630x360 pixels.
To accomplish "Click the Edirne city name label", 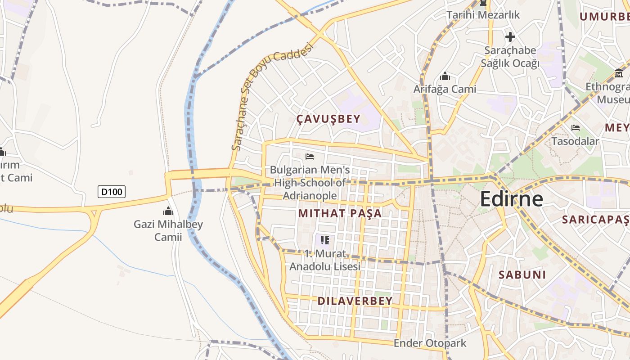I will pyautogui.click(x=512, y=198).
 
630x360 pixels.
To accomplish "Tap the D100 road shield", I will pyautogui.click(x=112, y=192).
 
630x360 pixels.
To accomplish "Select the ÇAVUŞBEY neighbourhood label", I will pyautogui.click(x=328, y=119).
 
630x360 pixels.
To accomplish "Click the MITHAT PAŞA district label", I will pyautogui.click(x=340, y=213).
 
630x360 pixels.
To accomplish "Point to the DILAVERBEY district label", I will pyautogui.click(x=355, y=301).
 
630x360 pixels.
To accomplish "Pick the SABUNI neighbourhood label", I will pyautogui.click(x=522, y=274).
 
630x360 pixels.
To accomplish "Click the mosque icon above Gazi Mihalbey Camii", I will pyautogui.click(x=168, y=211).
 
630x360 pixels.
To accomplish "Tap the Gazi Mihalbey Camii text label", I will pyautogui.click(x=168, y=230).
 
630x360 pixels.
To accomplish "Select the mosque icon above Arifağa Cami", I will pyautogui.click(x=445, y=76).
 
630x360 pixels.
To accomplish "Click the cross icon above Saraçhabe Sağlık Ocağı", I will pyautogui.click(x=510, y=37).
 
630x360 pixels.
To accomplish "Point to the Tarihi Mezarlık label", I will pyautogui.click(x=483, y=15).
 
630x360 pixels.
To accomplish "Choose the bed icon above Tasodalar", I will pyautogui.click(x=575, y=128).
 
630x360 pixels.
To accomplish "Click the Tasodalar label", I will pyautogui.click(x=575, y=141).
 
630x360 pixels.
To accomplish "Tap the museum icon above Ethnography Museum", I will pyautogui.click(x=619, y=73).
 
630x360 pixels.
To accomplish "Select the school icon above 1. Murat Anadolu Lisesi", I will pyautogui.click(x=325, y=240).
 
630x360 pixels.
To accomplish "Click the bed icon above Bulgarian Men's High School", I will pyautogui.click(x=310, y=157).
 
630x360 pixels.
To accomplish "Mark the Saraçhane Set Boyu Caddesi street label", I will pyautogui.click(x=271, y=96).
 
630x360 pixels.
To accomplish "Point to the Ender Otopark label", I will pyautogui.click(x=430, y=343).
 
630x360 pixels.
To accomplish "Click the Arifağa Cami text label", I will pyautogui.click(x=445, y=89).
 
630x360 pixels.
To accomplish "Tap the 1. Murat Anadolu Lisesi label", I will pyautogui.click(x=325, y=260).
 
